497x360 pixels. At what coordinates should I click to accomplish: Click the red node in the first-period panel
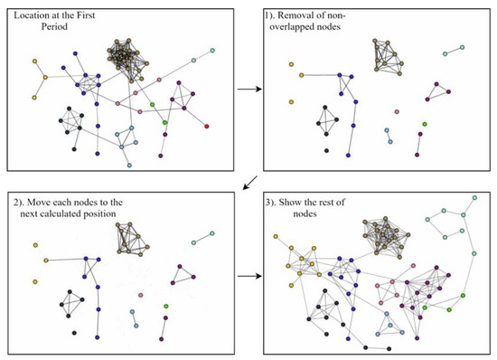coord(206,126)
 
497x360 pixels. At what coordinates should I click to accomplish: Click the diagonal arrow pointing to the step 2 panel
coord(247,183)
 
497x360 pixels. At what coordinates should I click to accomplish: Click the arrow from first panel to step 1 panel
coord(246,90)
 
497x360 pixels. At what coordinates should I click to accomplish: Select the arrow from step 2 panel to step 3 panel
coord(246,277)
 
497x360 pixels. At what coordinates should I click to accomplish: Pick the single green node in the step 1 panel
coord(424,123)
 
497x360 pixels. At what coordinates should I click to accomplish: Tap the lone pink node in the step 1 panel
coord(397,112)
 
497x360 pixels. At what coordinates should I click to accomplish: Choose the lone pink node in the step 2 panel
coord(140,296)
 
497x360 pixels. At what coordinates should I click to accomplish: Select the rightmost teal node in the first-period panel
coord(212,51)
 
